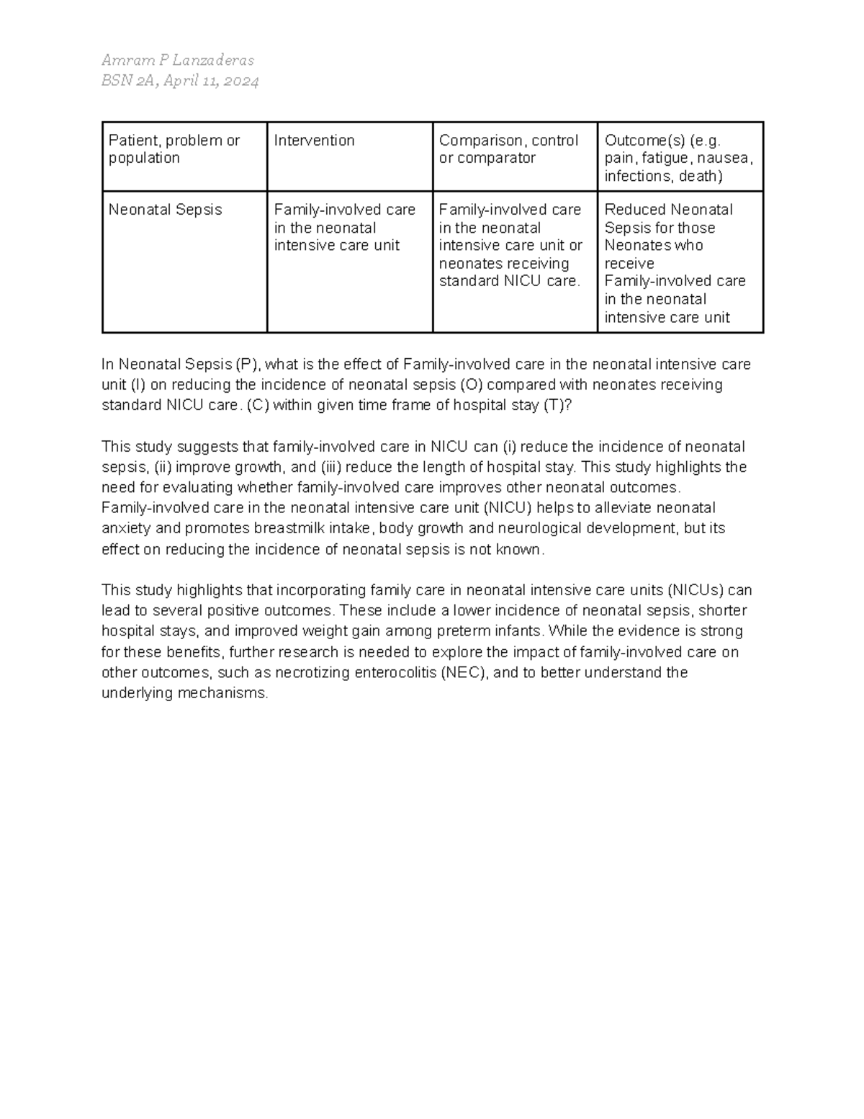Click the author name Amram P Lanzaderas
[x=177, y=60]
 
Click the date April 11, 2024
[x=210, y=81]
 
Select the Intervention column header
[x=314, y=141]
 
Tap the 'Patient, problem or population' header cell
[x=174, y=148]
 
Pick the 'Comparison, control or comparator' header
[x=508, y=148]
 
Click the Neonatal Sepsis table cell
[x=165, y=210]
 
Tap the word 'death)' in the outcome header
[x=701, y=176]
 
